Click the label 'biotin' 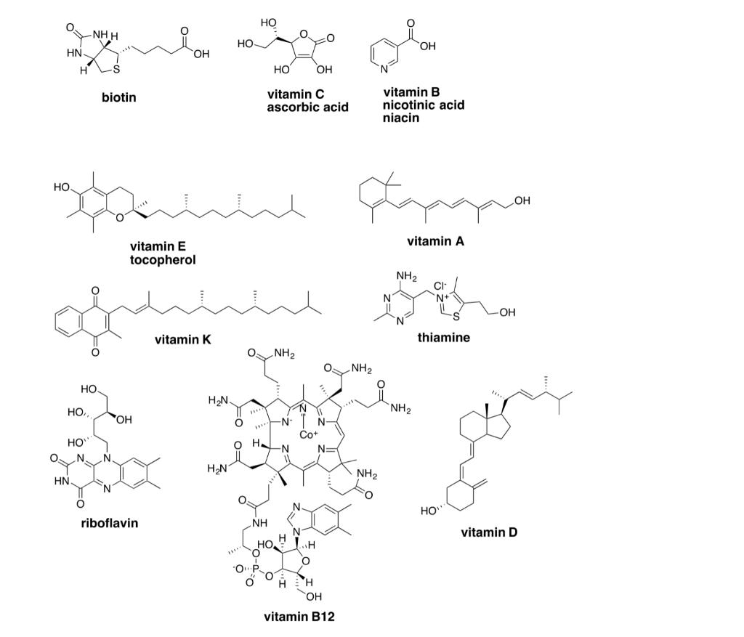(x=119, y=98)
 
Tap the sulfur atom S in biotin (x=116, y=70)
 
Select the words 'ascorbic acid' (x=307, y=107)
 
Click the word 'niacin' (x=401, y=118)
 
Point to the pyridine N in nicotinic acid (x=384, y=70)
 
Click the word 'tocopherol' (x=163, y=261)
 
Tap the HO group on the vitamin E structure (x=62, y=187)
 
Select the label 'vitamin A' (x=436, y=241)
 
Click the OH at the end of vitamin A (x=522, y=200)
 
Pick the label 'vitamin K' (x=182, y=340)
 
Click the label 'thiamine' (x=444, y=338)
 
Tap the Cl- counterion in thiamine (x=440, y=286)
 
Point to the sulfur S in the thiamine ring (x=456, y=317)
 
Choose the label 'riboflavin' (x=110, y=523)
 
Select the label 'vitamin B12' (x=299, y=617)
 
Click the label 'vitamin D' (x=489, y=532)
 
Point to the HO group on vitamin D (x=429, y=511)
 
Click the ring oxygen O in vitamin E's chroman (x=120, y=218)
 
